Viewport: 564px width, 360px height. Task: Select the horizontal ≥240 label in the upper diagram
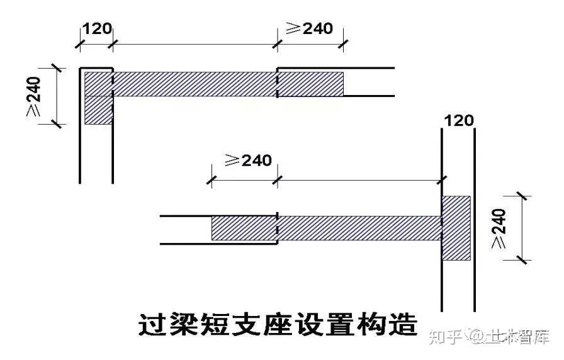pos(310,29)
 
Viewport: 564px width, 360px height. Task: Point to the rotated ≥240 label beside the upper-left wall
pos(34,96)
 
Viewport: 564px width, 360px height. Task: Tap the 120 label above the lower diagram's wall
pos(458,120)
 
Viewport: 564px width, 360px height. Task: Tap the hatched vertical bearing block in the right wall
pos(456,228)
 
